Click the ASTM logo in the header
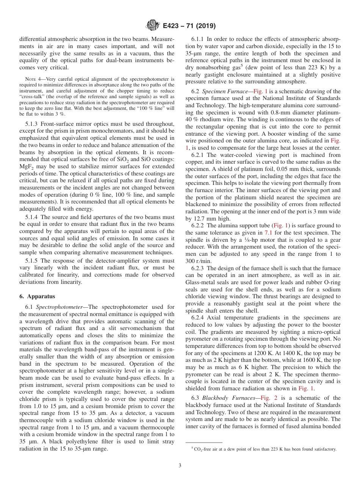pos(152,26)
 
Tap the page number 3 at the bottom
pos(180,465)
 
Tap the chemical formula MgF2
pos(27,166)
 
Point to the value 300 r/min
pos(199,261)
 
